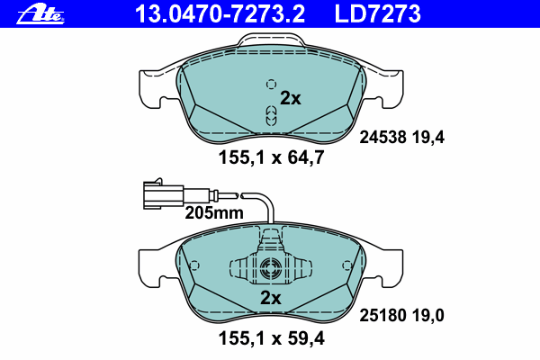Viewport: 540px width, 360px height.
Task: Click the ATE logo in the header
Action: point(40,15)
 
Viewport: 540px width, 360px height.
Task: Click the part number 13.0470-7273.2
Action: point(220,14)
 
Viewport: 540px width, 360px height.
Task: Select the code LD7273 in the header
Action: point(377,14)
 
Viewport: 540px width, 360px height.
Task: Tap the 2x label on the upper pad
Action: point(291,98)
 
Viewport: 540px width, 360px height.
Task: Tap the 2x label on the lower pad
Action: point(271,298)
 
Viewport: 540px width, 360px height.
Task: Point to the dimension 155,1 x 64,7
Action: point(272,157)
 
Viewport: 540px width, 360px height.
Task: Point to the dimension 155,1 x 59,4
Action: point(272,338)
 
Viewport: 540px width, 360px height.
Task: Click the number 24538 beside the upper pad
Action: point(383,138)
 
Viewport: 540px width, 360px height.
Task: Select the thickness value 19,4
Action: point(428,138)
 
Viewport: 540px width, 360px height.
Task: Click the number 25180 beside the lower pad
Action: point(383,315)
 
